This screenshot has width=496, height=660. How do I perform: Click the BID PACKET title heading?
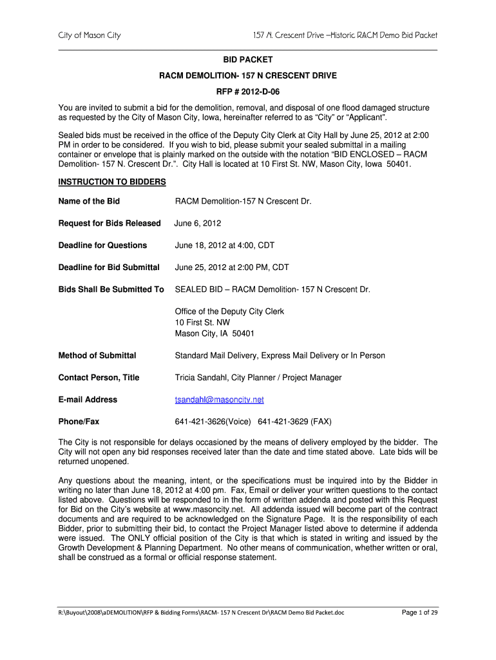pos(248,59)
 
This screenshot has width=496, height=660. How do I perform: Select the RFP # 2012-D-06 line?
pos(248,92)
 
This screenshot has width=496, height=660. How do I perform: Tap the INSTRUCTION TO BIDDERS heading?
pos(112,182)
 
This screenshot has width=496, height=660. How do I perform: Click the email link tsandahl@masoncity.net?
pos(219,400)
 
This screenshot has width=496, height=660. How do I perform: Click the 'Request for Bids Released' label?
pos(110,223)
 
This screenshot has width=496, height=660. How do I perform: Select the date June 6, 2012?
pos(198,223)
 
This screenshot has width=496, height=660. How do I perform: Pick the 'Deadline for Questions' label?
pos(102,245)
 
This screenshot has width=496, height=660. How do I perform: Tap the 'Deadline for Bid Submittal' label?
pos(109,267)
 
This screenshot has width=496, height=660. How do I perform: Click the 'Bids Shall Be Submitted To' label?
pos(111,289)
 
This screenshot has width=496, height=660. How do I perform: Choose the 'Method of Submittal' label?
pos(97,355)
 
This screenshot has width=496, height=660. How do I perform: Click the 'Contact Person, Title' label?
pos(99,377)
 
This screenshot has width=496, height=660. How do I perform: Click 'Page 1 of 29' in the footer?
pos(419,612)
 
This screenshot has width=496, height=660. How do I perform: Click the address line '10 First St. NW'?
pos(202,322)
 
